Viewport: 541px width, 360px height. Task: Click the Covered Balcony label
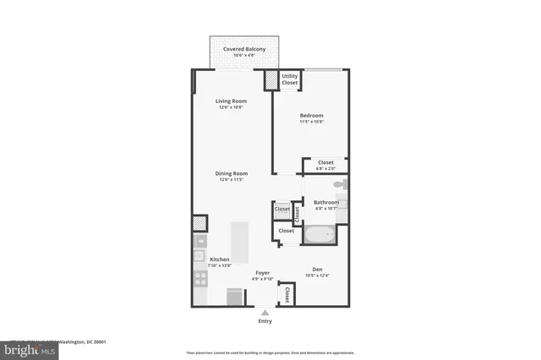(x=244, y=50)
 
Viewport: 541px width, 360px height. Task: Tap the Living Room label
(x=230, y=101)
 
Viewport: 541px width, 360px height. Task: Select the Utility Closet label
(x=289, y=79)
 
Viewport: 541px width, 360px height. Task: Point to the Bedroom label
(x=311, y=116)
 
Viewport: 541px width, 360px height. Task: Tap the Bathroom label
(x=326, y=203)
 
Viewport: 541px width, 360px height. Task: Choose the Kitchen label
(x=220, y=259)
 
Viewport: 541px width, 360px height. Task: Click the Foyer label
(x=262, y=273)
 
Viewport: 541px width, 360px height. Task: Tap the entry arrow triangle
(x=265, y=313)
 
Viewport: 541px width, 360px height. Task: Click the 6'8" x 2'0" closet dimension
(x=325, y=168)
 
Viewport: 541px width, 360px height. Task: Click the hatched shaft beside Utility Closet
(x=270, y=80)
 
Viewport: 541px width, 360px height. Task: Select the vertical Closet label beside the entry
(x=287, y=294)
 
